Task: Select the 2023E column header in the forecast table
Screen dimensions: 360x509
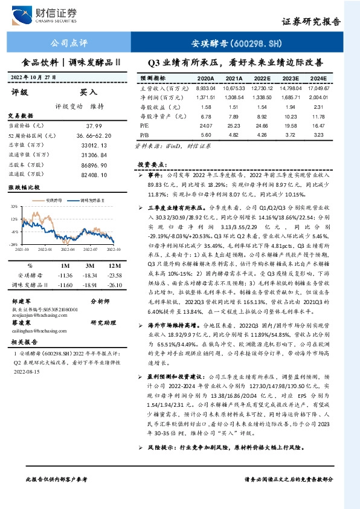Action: click(x=291, y=79)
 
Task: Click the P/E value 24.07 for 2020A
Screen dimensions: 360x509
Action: click(x=205, y=125)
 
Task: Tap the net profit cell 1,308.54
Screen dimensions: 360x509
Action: click(x=234, y=97)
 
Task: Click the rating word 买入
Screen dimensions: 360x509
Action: click(x=88, y=92)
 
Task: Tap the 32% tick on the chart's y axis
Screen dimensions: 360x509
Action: click(x=13, y=206)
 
